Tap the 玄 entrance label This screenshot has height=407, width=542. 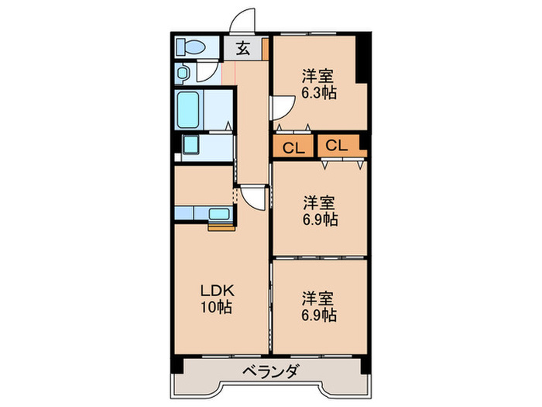pyautogui.click(x=242, y=48)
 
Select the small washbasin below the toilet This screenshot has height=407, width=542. pyautogui.click(x=182, y=74)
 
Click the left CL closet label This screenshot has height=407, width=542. pyautogui.click(x=292, y=147)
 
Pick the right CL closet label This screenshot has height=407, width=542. pyautogui.click(x=336, y=145)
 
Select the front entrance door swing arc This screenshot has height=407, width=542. pyautogui.click(x=245, y=21)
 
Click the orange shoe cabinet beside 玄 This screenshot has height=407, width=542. pyautogui.click(x=265, y=48)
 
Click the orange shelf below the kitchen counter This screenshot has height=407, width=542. pyautogui.click(x=220, y=227)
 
